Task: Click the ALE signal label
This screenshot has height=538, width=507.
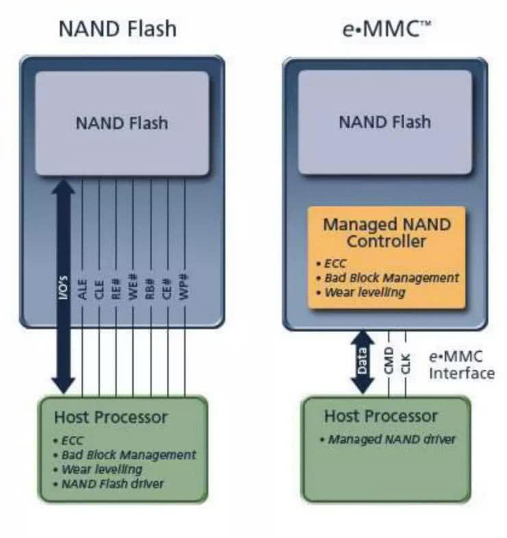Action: pyautogui.click(x=83, y=285)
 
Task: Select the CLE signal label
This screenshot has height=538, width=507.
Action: pyautogui.click(x=100, y=285)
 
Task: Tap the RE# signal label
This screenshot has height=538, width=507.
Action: pyautogui.click(x=117, y=285)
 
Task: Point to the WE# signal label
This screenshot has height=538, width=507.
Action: pyautogui.click(x=134, y=285)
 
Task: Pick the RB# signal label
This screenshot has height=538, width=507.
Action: pyautogui.click(x=151, y=285)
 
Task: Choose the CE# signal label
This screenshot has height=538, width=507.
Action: pyautogui.click(x=169, y=285)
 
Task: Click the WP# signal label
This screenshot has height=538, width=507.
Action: pyautogui.click(x=186, y=285)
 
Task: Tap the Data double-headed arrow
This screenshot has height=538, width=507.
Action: pyautogui.click(x=362, y=361)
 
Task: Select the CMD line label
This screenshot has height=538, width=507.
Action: pyautogui.click(x=388, y=361)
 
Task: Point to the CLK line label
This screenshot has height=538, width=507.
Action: pyautogui.click(x=406, y=361)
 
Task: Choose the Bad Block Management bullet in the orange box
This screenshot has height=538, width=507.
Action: pyautogui.click(x=389, y=278)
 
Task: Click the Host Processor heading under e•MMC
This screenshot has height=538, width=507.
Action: pyautogui.click(x=380, y=416)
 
